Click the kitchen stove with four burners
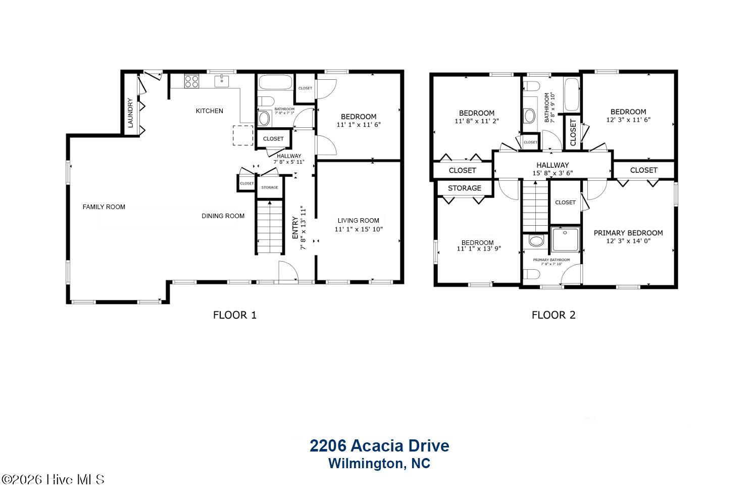point(191,81)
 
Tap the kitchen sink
point(222,81)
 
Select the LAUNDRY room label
point(131,113)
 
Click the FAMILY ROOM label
point(104,207)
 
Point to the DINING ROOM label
point(223,216)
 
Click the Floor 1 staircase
point(270,226)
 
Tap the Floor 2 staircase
point(535,206)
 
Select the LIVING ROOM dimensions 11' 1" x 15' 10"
point(359,229)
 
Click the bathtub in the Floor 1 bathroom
point(275,82)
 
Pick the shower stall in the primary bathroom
point(566,239)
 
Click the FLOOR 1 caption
point(235,315)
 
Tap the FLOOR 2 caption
point(554,315)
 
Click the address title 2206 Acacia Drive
point(379,445)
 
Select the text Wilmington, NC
point(379,463)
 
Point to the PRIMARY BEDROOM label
point(628,233)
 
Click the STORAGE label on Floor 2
point(465,188)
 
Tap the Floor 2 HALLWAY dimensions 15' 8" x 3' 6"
point(552,173)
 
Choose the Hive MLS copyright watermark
point(53,479)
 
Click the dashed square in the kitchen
point(243,135)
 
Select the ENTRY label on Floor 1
point(295,228)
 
